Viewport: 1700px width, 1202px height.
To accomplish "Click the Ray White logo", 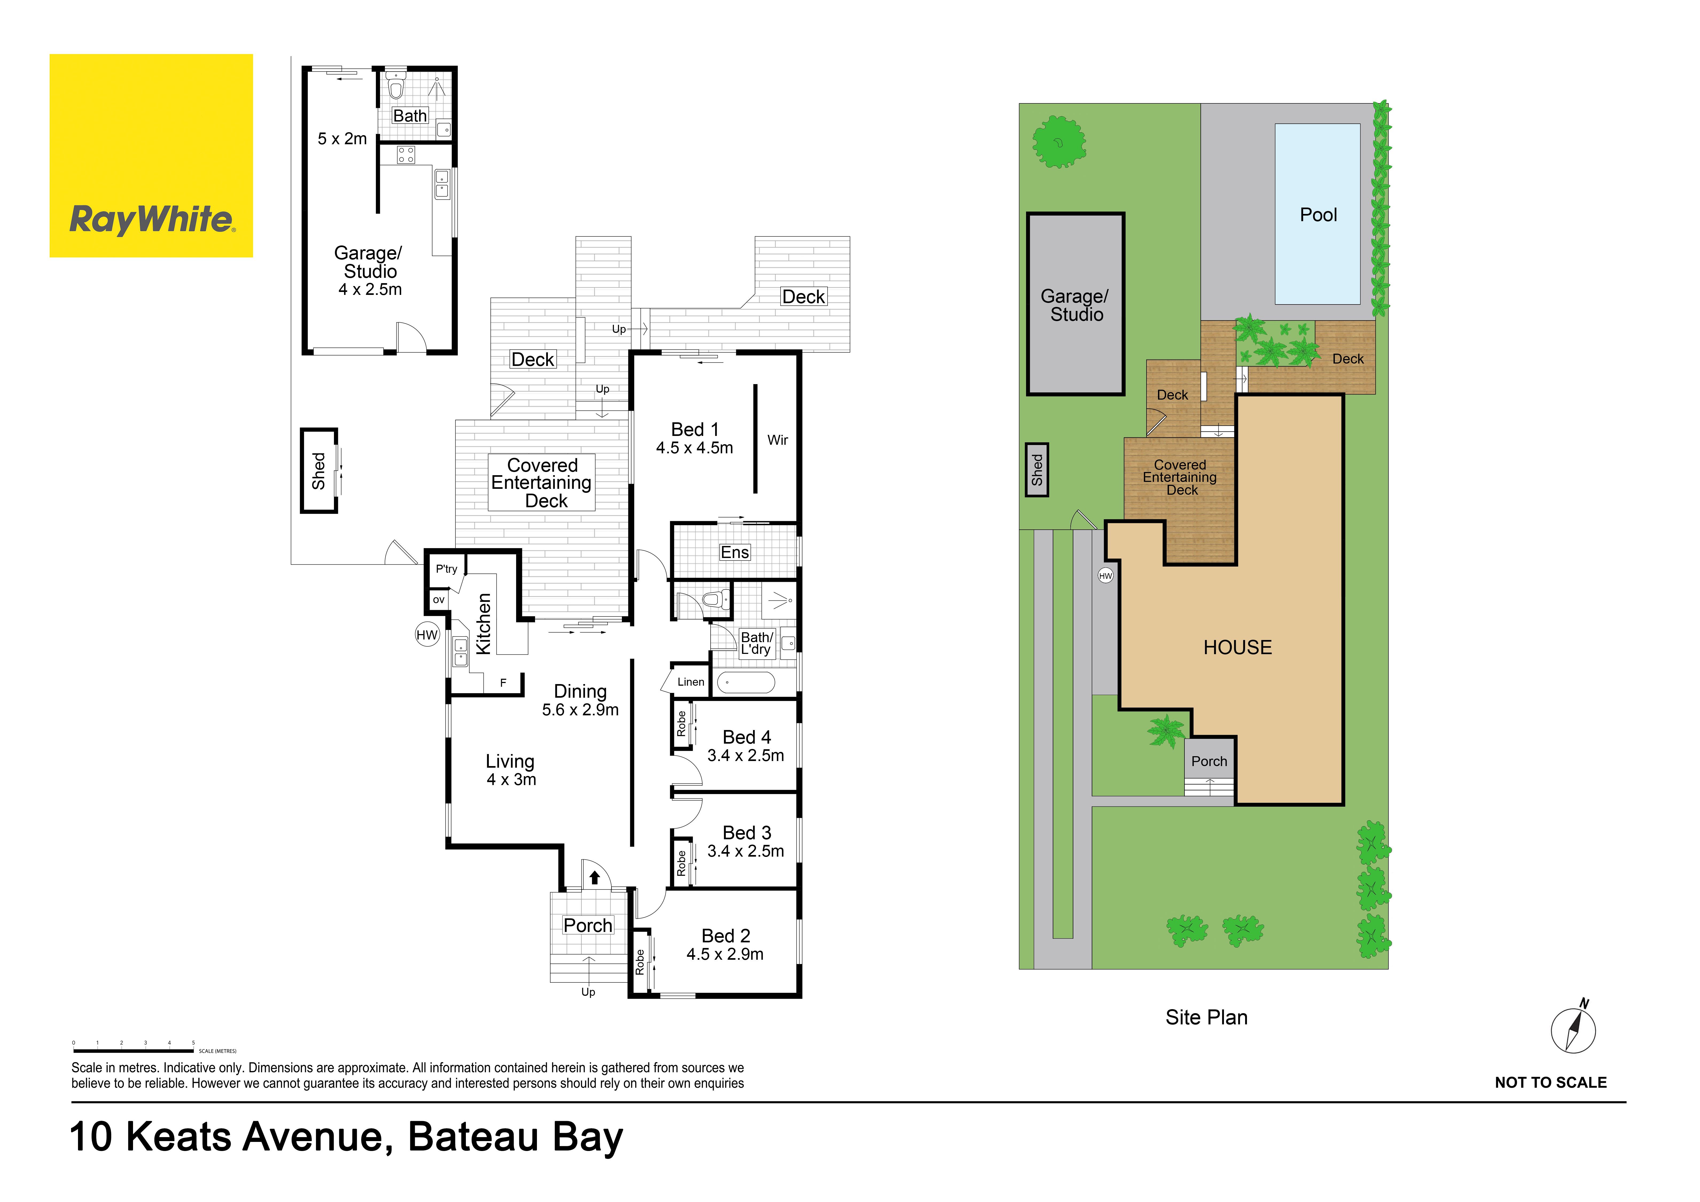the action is (x=151, y=155).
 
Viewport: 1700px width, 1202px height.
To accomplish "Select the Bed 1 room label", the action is (x=695, y=429).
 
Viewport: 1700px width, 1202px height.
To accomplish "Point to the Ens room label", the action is (x=735, y=552).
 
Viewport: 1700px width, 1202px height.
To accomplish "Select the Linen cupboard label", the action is (x=691, y=682).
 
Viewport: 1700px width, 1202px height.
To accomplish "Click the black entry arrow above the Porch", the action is (x=595, y=878).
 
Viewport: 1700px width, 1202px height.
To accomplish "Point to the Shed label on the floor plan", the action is (x=318, y=471).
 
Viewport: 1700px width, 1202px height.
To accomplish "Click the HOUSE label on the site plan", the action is (x=1237, y=648).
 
